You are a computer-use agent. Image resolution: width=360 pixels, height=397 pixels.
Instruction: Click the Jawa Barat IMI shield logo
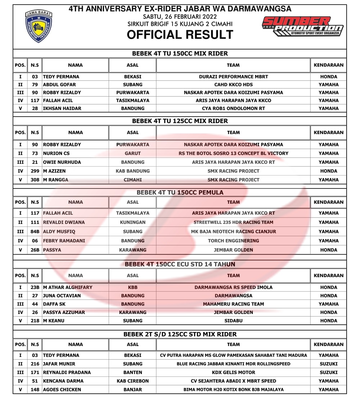coord(39,26)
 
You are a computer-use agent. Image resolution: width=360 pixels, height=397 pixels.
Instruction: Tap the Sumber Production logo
coord(303,27)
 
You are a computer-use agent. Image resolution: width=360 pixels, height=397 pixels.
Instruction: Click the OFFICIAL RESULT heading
coord(180,35)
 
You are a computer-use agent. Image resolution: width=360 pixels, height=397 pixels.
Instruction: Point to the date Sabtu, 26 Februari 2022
coord(180,17)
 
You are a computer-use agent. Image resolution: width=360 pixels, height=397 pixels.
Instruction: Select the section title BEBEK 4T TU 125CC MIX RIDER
coord(180,121)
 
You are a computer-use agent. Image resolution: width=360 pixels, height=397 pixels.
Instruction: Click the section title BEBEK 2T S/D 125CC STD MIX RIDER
coord(180,334)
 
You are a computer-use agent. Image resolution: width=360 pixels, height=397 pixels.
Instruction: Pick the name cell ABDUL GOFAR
coord(59,85)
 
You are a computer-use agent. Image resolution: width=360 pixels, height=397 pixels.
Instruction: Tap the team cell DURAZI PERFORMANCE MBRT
coord(233,77)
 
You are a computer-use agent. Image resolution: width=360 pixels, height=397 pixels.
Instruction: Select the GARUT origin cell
coord(132,153)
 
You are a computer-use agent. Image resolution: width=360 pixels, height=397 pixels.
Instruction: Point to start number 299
coord(35,171)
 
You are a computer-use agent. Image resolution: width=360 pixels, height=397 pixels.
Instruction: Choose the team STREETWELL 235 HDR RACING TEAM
coord(233,222)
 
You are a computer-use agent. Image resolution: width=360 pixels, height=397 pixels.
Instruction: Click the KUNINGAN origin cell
coord(132,222)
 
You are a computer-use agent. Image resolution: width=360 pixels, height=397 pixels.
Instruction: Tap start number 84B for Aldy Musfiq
coord(35,232)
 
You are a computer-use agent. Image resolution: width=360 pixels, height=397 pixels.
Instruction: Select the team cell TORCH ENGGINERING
coord(233,241)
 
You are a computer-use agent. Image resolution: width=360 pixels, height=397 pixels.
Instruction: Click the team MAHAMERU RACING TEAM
coord(233,304)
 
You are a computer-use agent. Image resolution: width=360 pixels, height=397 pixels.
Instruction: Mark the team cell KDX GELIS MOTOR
coord(233,373)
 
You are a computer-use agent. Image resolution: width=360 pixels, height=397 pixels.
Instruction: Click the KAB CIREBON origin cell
coord(132,381)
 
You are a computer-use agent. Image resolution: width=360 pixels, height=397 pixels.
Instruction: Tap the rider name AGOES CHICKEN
coord(62,389)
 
